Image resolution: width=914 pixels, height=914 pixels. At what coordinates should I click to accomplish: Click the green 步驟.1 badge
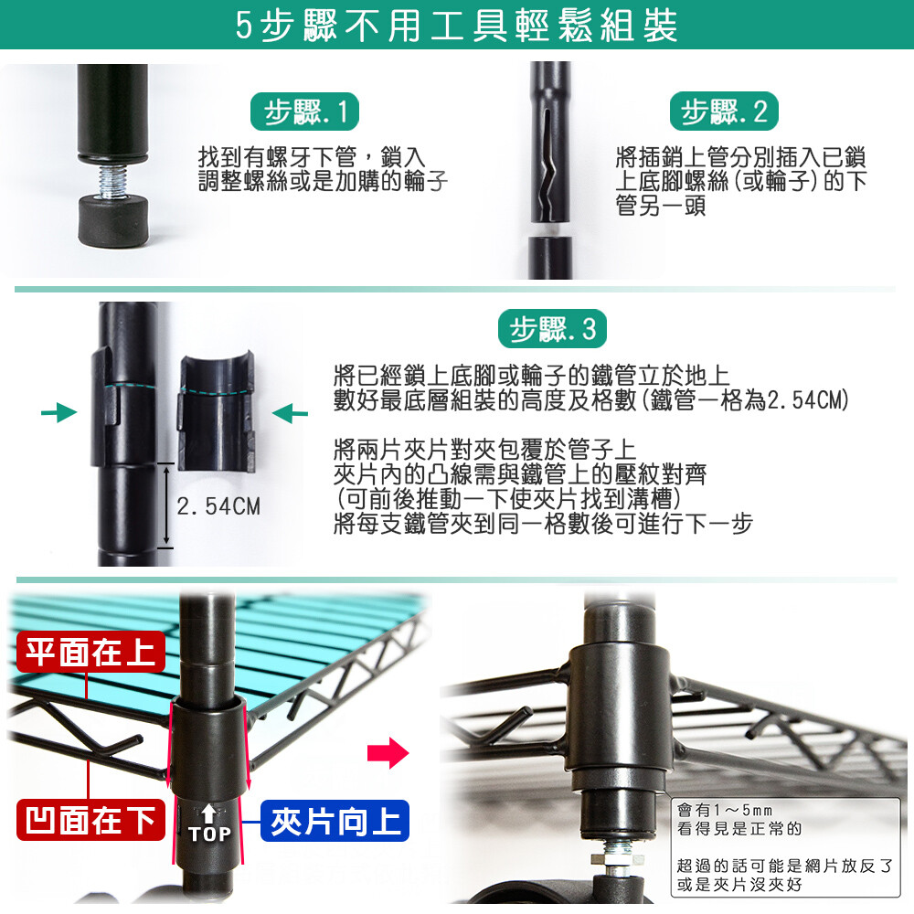[x=304, y=112]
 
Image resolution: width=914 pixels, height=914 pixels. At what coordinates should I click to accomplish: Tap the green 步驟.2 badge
[x=724, y=112]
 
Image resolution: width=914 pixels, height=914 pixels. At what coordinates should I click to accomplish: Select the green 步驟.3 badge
[x=552, y=329]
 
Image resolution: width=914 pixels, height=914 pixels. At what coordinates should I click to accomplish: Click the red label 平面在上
[x=90, y=652]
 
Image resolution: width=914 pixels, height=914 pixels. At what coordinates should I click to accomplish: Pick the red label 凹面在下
[x=90, y=820]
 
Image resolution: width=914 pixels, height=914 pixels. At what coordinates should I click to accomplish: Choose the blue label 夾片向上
[x=335, y=821]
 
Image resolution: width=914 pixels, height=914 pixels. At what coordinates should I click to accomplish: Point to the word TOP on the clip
[x=210, y=834]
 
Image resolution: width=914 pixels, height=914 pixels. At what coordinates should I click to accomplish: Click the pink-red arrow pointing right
[x=388, y=753]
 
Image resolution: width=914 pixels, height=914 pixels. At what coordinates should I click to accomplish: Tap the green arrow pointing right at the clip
[x=58, y=413]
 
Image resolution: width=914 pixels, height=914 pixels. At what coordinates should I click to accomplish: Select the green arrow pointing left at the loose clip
[x=290, y=413]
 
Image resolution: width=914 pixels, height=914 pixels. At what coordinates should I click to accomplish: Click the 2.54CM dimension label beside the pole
[x=218, y=506]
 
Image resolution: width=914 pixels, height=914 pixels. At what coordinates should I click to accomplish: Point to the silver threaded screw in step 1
[x=113, y=181]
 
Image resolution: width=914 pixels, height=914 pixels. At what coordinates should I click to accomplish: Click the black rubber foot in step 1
[x=113, y=221]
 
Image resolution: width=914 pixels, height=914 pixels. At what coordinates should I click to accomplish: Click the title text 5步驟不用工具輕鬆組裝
[x=457, y=26]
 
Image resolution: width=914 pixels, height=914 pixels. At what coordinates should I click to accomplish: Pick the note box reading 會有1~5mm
[x=785, y=847]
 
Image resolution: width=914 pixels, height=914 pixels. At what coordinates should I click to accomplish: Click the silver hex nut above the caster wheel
[x=618, y=860]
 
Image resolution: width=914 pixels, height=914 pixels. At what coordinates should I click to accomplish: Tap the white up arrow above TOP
[x=209, y=813]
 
